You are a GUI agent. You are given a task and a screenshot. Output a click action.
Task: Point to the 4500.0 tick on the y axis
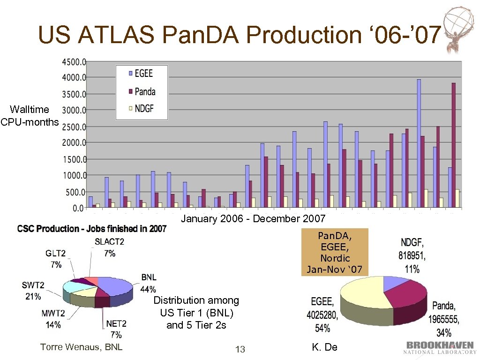(74, 61)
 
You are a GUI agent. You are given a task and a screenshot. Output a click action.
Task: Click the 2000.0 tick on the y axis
(74, 142)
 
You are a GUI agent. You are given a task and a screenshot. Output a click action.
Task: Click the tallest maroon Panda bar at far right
(453, 145)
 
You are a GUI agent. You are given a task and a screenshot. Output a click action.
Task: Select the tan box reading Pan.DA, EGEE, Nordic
(334, 252)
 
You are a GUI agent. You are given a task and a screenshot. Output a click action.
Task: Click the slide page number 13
(240, 349)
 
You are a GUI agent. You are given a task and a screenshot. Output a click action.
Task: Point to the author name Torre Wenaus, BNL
(82, 347)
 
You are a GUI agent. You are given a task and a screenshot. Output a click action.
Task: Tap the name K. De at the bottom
(324, 347)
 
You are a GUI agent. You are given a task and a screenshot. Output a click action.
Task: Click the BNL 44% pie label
(149, 283)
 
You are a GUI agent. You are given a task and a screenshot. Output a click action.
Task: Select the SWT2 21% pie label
(33, 291)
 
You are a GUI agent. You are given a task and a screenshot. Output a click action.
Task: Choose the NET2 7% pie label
(116, 329)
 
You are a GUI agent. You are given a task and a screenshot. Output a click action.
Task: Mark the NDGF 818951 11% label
(412, 256)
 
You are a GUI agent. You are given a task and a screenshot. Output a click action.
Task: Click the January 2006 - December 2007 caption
(253, 219)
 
